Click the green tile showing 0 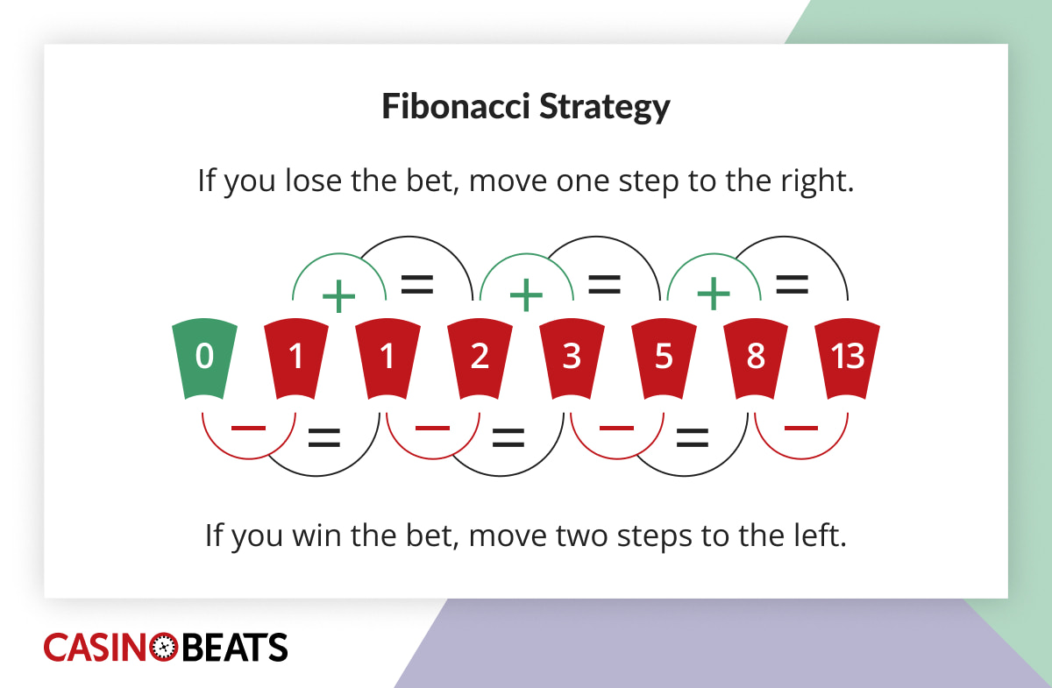tap(204, 358)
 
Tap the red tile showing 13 tap(847, 358)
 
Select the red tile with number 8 tap(755, 358)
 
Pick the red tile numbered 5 tap(664, 358)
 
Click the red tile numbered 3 tap(572, 358)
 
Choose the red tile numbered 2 tap(480, 358)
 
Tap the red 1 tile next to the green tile tap(296, 358)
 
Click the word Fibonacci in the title tap(454, 107)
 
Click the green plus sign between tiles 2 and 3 tap(526, 296)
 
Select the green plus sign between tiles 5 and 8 tap(714, 296)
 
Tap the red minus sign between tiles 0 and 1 tap(248, 428)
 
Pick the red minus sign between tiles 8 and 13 tap(800, 428)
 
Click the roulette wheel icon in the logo tap(165, 648)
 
